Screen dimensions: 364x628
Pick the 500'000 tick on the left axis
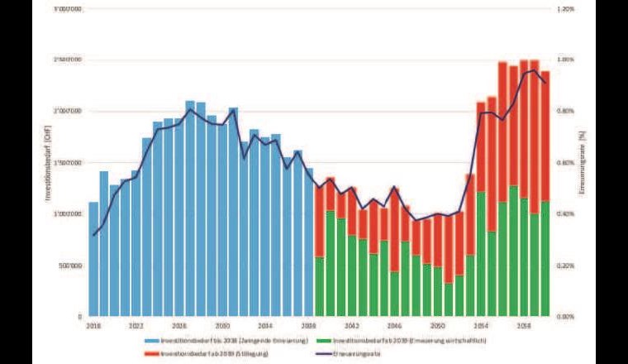tap(70, 266)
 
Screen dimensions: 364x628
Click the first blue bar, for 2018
tap(93, 261)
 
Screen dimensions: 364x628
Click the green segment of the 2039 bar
tap(320, 286)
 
